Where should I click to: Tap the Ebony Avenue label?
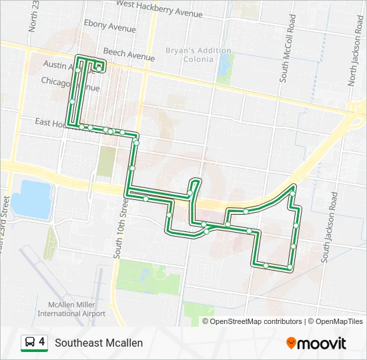(109, 29)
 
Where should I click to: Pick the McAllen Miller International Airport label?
(71, 308)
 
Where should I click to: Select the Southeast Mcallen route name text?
(99, 343)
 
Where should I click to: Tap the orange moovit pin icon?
(291, 343)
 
